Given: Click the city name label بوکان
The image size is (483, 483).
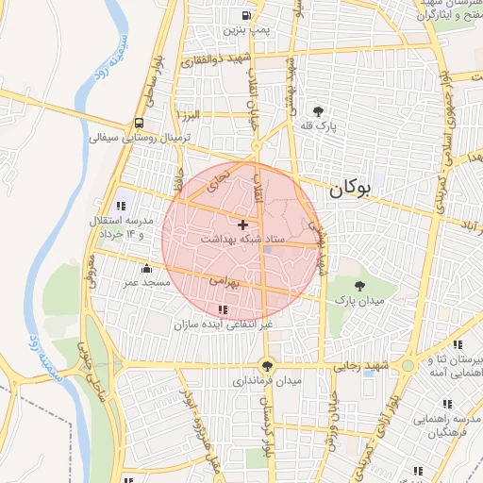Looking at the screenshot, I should [350, 189].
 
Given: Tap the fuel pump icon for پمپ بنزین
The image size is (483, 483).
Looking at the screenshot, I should [246, 15].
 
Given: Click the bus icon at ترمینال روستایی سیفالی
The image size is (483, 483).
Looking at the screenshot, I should [140, 123].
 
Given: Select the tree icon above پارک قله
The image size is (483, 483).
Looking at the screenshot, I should [320, 110].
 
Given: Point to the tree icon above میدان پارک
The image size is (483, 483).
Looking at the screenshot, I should [359, 285].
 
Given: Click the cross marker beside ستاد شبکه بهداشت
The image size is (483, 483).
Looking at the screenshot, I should [243, 225].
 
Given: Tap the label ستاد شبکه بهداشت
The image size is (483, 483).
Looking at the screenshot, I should [238, 241].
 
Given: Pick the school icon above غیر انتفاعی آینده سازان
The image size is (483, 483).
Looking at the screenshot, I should [222, 309].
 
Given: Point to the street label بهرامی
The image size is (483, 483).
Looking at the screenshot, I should [227, 281].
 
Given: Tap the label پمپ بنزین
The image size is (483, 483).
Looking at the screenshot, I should [246, 30].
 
